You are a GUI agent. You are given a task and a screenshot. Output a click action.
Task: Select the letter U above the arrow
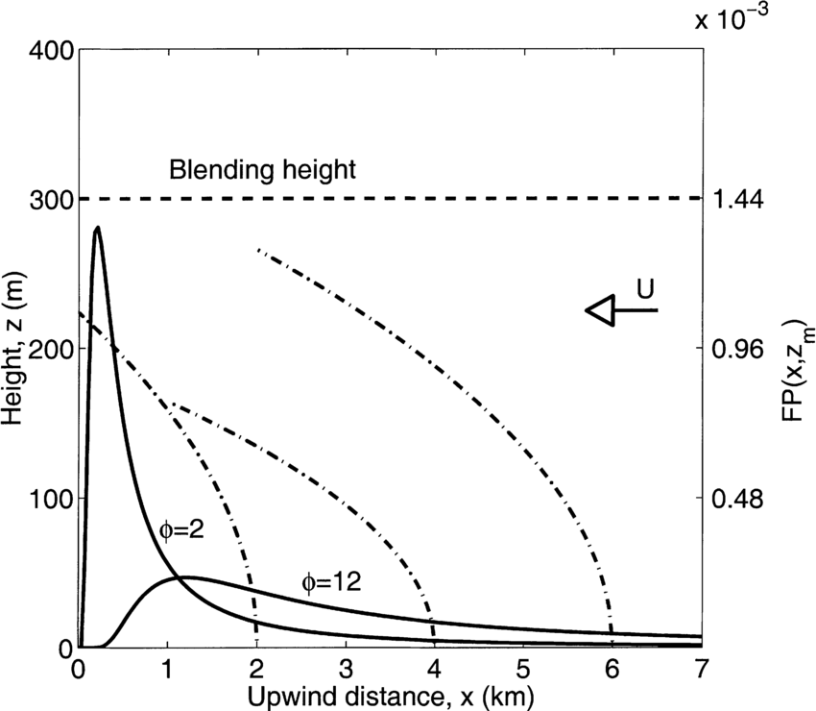[x=647, y=287]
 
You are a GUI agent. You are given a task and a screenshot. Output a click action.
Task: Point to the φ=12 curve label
[x=330, y=582]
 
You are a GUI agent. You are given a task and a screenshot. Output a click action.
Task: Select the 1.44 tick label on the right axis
[x=734, y=199]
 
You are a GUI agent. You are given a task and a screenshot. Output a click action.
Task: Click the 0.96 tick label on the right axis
[x=734, y=349]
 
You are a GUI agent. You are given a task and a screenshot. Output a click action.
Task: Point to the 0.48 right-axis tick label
[x=734, y=498]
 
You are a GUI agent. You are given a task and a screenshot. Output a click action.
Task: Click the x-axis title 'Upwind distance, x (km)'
[x=388, y=693]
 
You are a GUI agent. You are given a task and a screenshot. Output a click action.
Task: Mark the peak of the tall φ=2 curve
[x=97, y=228]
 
